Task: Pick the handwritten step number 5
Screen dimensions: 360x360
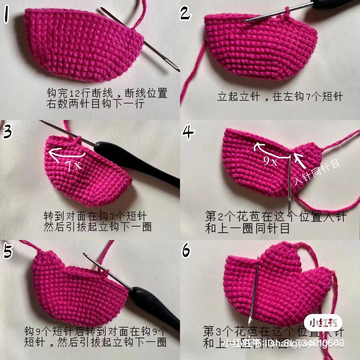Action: click(8, 251)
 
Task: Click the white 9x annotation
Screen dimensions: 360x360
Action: click(270, 162)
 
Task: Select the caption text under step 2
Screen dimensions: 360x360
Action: click(280, 97)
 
